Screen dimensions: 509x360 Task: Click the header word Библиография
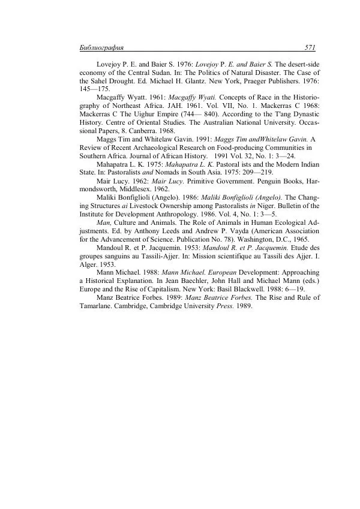point(101,47)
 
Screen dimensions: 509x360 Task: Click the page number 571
point(310,47)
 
